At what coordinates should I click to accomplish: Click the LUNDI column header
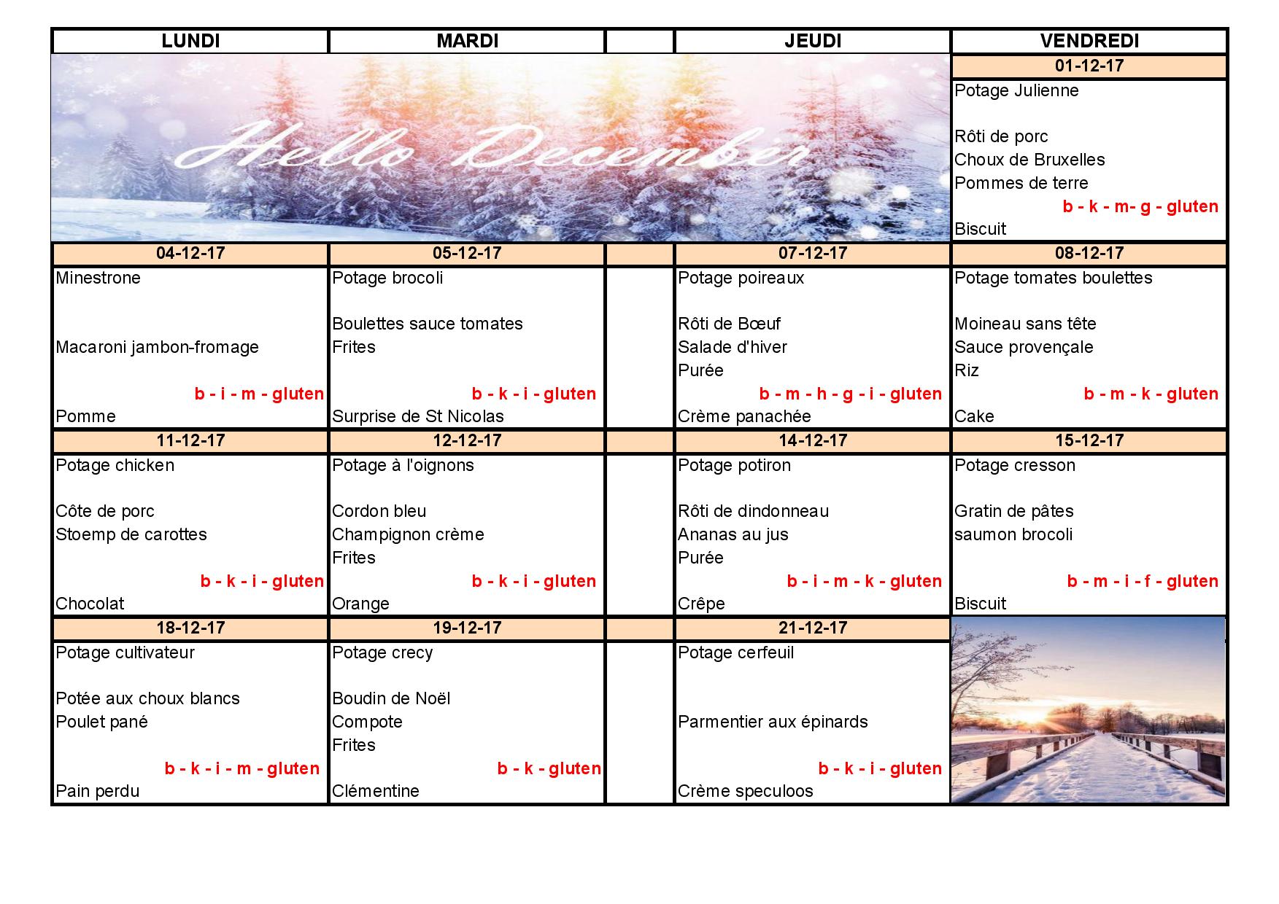190,42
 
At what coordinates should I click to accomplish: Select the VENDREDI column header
1089,42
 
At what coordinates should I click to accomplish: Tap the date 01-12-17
1089,66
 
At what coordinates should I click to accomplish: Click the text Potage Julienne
1016,91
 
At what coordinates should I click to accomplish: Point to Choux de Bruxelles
1029,160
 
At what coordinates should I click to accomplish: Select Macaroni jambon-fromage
158,348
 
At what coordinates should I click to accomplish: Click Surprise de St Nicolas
418,417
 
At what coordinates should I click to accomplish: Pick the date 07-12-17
813,254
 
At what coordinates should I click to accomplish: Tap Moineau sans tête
1025,324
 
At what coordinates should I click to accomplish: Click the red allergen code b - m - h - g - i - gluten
850,394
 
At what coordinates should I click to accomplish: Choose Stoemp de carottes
131,535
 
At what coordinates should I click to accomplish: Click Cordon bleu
379,512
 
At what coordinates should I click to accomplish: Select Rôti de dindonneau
753,512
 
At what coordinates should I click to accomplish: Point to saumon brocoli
1013,535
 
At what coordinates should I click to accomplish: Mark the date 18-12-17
190,628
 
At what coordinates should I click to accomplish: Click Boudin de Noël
391,699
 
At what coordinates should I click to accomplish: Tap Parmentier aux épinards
773,722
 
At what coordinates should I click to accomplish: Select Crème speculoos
745,792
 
